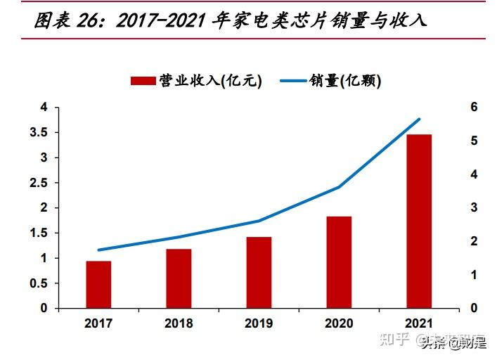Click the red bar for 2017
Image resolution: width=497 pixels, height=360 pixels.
coord(98,285)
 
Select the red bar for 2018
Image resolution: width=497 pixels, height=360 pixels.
coord(179,278)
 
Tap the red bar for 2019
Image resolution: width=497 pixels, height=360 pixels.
coord(259,273)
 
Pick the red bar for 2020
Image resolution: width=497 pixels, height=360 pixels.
coord(339,262)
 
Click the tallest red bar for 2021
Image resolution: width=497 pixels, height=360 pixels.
coord(419,221)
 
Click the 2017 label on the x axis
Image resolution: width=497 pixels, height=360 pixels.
coord(98,323)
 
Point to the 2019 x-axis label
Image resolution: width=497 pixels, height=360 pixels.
coord(259,323)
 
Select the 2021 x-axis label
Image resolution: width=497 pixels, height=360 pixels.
coord(419,323)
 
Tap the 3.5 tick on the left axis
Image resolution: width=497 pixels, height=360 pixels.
coord(44,132)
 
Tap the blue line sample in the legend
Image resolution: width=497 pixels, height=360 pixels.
coord(295,82)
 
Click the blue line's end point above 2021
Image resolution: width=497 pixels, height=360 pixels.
coord(419,120)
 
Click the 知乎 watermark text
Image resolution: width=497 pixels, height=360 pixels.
coord(395,342)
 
